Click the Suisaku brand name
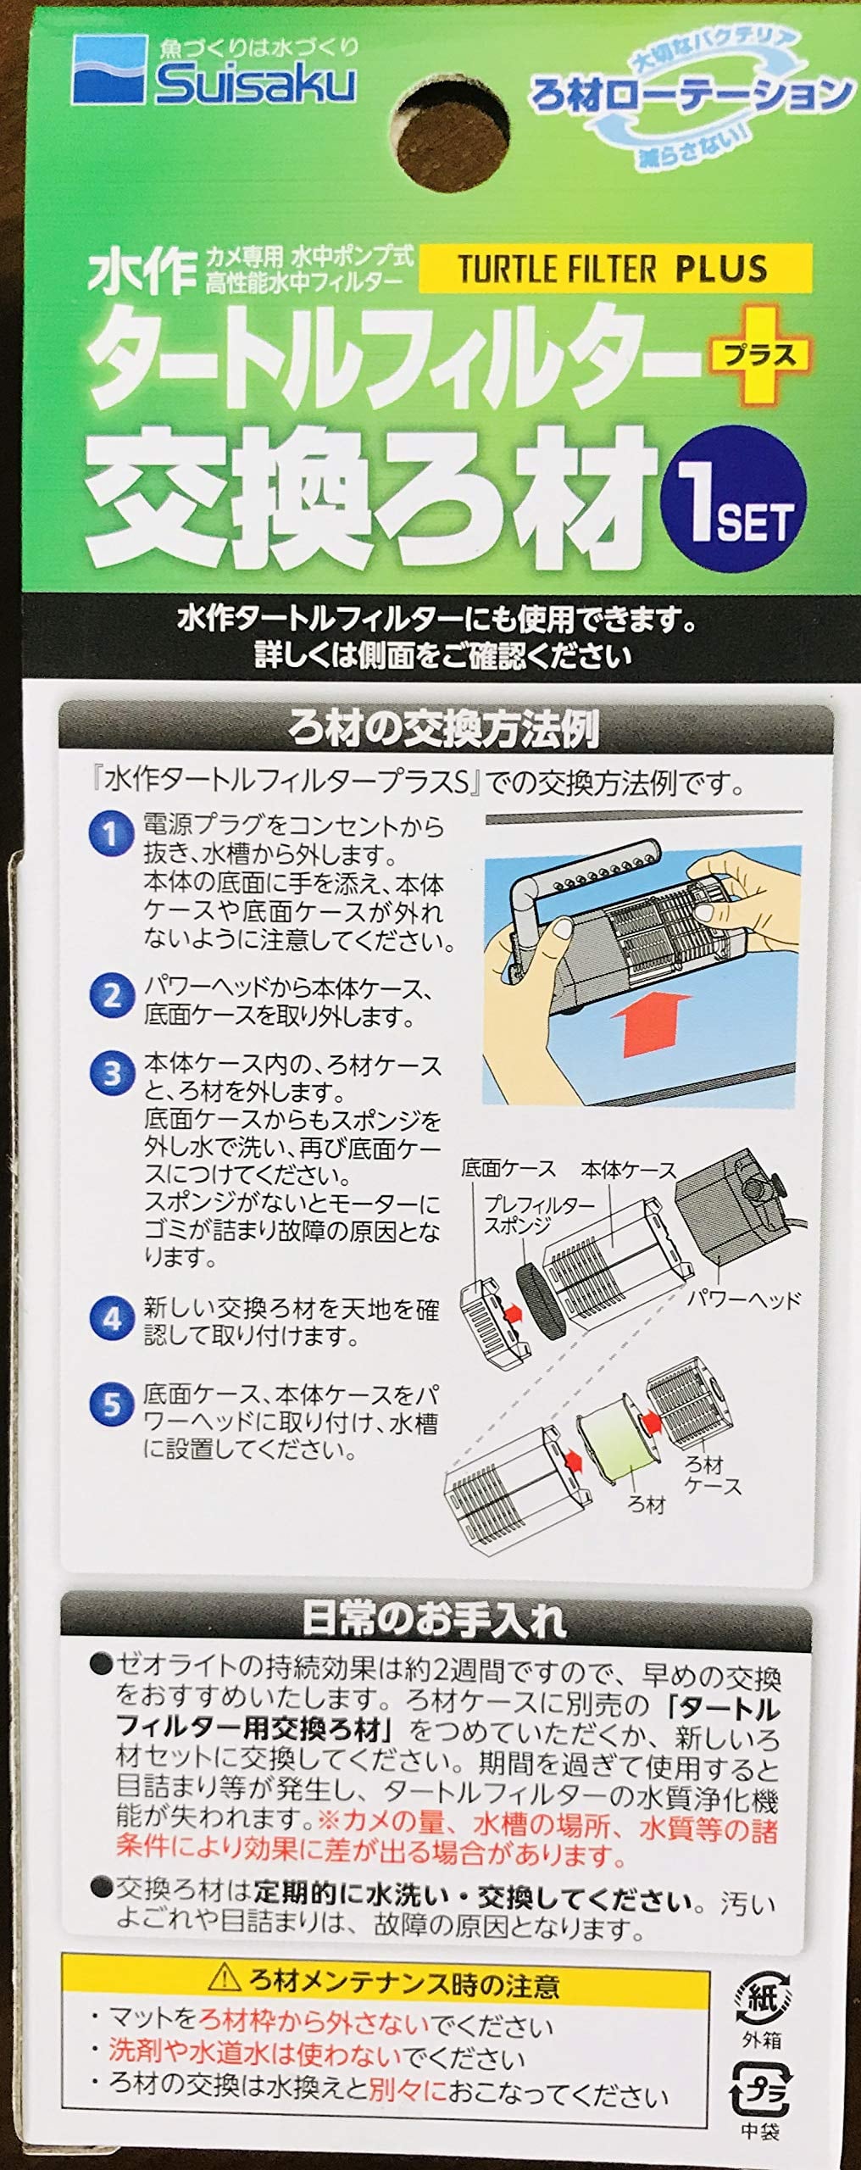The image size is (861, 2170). pos(254,85)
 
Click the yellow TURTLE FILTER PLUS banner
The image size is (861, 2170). pos(615,268)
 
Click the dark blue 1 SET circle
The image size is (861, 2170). pos(736,509)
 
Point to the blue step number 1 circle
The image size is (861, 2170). pos(111,834)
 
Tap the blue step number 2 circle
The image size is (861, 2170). pos(111,995)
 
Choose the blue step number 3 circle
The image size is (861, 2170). pos(111,1074)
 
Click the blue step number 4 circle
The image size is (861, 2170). pos(111,1319)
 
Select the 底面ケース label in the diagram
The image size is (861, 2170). pos(508,1169)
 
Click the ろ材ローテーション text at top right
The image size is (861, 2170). pos(691,93)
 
